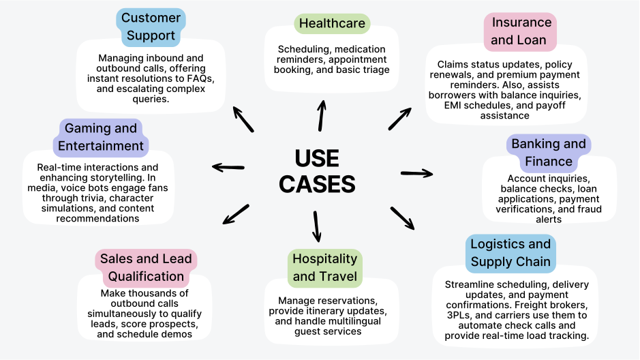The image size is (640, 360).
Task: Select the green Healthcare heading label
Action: (x=332, y=23)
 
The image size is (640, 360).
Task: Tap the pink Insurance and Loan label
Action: (x=519, y=31)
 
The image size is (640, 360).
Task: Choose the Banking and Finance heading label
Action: (x=548, y=153)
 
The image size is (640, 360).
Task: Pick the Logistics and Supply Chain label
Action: (x=511, y=252)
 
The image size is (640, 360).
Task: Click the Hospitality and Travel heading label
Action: (x=324, y=267)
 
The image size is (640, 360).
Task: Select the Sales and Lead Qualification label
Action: (x=146, y=267)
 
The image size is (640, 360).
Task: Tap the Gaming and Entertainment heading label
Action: (x=101, y=137)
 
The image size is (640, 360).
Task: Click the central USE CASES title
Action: (x=318, y=171)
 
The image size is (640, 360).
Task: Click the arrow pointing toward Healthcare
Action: (x=321, y=115)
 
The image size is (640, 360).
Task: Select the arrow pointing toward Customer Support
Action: (x=243, y=119)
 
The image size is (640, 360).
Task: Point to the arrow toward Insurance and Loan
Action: (x=400, y=117)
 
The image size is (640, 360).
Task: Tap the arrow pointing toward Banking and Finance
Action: (x=416, y=173)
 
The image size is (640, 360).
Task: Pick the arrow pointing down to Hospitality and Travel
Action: (x=316, y=226)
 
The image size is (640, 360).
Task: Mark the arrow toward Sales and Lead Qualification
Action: (x=236, y=214)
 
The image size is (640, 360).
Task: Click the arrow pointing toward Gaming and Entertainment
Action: (x=228, y=166)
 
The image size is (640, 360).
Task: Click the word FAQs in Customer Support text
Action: (x=198, y=78)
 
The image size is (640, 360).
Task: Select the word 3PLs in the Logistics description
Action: (x=458, y=316)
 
